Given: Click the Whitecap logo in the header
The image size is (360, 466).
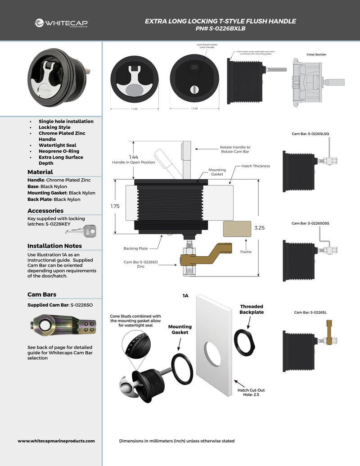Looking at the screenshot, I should pos(61,23).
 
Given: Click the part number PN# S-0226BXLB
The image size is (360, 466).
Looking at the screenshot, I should pos(220,28).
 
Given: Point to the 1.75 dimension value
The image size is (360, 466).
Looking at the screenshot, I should pos(116,205).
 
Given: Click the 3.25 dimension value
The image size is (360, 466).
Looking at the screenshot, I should pos(259,228).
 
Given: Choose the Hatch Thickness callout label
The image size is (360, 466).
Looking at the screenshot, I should pos(256,166).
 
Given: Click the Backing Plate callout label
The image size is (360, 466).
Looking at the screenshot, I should pos(135,248).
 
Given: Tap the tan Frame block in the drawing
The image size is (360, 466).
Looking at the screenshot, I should pos(237,229).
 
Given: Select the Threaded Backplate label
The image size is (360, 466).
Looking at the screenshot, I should pos(252,309).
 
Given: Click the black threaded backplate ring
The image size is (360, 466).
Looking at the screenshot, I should pos(245,342).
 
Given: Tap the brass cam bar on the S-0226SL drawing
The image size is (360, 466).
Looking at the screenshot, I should pos(329,334).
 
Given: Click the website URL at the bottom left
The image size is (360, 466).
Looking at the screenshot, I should pos(56,441).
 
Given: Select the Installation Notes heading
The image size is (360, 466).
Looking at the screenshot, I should pos(54,246).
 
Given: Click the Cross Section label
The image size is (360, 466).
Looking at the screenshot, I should pos(316,54).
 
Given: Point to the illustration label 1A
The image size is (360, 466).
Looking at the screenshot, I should pos(185,296).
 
